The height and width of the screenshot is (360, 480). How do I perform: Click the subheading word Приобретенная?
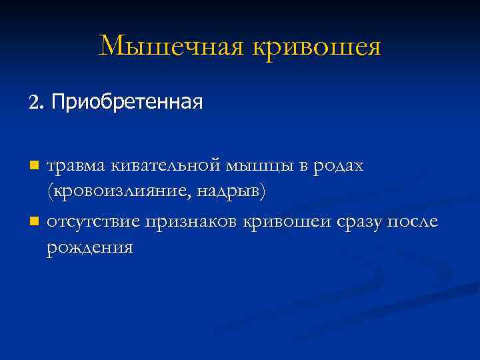[126, 102]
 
